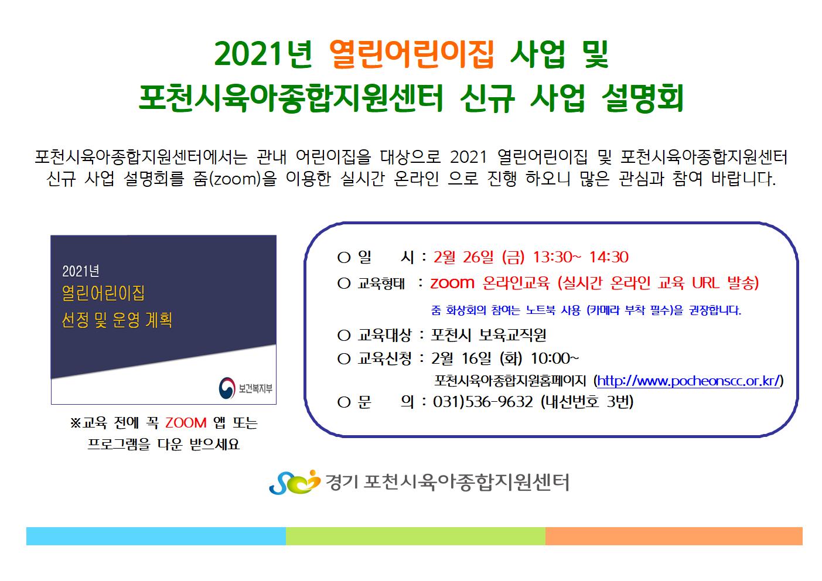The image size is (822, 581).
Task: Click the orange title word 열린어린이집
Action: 411,54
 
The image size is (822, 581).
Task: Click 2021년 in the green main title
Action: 263,54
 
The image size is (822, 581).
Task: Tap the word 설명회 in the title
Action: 643,98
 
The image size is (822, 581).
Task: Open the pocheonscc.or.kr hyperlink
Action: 688,381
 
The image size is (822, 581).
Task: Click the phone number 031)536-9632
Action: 483,402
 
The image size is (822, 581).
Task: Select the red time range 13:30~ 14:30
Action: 581,257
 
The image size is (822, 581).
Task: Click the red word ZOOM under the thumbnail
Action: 186,423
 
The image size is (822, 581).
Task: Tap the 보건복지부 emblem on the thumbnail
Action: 227,388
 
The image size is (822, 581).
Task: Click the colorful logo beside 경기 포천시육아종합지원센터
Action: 295,482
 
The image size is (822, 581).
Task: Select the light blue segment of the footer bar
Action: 156,536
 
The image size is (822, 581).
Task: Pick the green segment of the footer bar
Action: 415,536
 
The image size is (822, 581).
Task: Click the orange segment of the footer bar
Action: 674,536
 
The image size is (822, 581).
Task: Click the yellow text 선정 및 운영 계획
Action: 117,320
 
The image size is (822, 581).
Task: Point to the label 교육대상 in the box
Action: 384,335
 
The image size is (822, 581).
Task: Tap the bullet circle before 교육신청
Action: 344,359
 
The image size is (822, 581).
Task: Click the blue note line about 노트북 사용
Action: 586,310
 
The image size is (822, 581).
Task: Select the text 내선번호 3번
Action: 587,402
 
